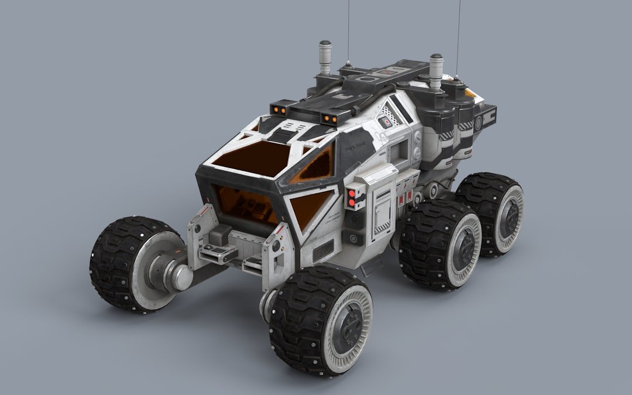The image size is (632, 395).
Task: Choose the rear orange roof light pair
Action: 330,119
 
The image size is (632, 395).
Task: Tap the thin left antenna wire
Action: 348,29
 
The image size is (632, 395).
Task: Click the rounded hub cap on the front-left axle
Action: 181,278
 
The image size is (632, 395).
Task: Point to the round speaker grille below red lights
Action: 353,219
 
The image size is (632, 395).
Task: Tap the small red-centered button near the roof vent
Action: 385,122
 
